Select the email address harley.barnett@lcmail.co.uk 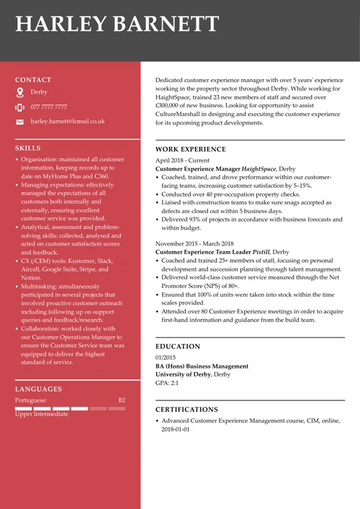(68, 122)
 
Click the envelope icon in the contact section (19, 122)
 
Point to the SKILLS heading (28, 148)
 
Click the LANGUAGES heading (38, 389)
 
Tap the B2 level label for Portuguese (122, 400)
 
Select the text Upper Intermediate (42, 414)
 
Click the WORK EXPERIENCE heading (191, 150)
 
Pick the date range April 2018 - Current (183, 160)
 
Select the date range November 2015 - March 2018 (194, 244)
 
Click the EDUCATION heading (178, 346)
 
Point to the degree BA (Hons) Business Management (202, 366)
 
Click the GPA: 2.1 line (168, 383)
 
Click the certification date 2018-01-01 (176, 429)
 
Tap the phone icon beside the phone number (19, 107)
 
